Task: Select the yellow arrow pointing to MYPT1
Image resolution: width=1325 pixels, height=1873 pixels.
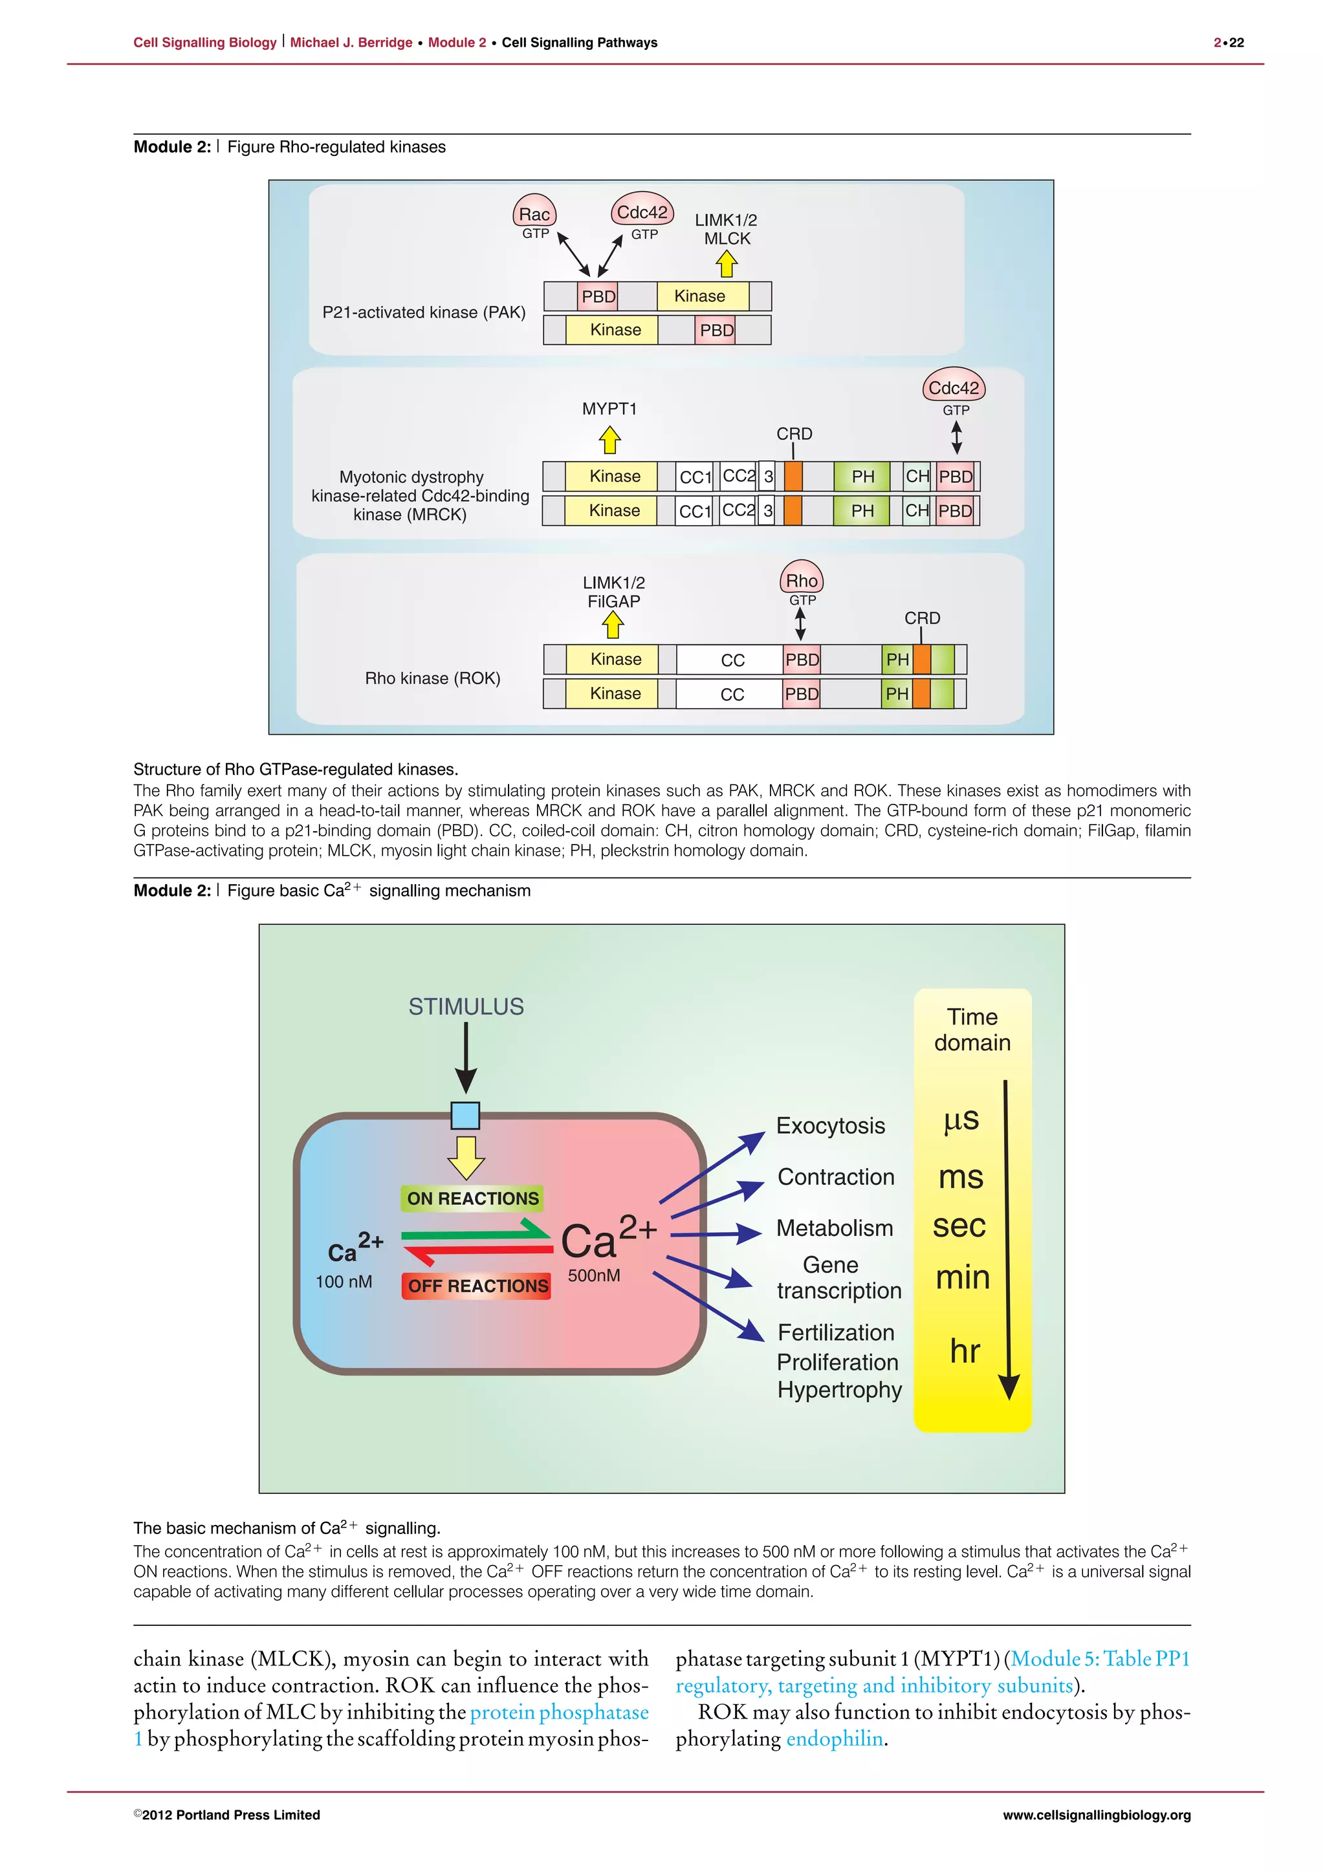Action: pos(609,440)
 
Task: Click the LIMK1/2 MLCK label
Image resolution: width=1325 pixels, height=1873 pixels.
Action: pos(726,229)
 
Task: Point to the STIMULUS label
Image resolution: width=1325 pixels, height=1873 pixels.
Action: pos(466,1006)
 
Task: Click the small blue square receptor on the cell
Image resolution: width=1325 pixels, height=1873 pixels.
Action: pos(465,1115)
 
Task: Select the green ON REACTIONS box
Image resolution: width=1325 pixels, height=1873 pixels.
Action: pos(472,1198)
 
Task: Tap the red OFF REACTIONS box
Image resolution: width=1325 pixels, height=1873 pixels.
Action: pos(477,1286)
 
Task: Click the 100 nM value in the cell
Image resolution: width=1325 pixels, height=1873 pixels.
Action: pos(344,1282)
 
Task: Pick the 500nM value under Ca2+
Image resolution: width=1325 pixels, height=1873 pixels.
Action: pos(594,1275)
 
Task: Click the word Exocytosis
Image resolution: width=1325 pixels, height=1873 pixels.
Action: pos(830,1126)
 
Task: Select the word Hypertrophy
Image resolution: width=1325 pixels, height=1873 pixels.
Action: pos(838,1389)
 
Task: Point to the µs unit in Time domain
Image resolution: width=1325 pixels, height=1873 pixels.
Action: pos(960,1120)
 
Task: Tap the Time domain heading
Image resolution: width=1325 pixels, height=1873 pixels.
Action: pos(972,1030)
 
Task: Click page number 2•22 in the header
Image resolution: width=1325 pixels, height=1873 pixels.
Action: pos(1228,43)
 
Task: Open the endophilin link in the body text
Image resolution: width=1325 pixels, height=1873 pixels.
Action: pos(834,1738)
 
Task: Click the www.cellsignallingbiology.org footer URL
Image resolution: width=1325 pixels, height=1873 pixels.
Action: pos(1096,1815)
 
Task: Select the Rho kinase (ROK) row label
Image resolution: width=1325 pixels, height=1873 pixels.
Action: pos(432,678)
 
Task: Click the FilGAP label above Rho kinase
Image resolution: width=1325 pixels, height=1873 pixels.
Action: pos(613,601)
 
